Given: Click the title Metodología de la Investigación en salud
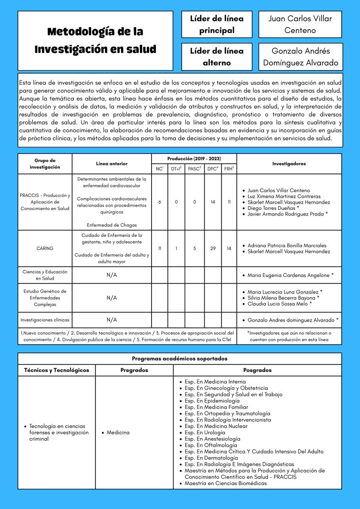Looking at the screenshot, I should coord(95,40).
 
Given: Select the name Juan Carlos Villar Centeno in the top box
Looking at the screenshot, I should coord(300,24).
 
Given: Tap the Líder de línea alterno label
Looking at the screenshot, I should coord(217,56).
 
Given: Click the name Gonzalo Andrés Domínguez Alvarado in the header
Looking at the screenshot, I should coord(300,56).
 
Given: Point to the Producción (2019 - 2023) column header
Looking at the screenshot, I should coord(194,159).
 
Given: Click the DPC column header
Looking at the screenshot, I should coord(213,168).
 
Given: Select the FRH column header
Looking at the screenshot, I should coord(229,168).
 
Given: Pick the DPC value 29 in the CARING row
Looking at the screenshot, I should coord(213,249).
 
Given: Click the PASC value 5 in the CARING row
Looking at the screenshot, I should coord(194,249).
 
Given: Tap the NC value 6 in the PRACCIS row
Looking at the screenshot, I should coord(160,202).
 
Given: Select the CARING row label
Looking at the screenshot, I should coord(45,249).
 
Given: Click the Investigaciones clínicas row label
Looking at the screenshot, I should coord(45,320).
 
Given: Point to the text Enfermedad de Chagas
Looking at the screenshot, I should coord(112,225).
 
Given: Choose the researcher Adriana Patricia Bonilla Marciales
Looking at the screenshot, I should coord(287,246).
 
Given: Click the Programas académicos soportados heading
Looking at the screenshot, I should coord(180,358).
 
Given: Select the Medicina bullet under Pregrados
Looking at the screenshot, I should coord(118,433).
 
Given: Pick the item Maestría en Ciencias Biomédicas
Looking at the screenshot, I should coord(225,483).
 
